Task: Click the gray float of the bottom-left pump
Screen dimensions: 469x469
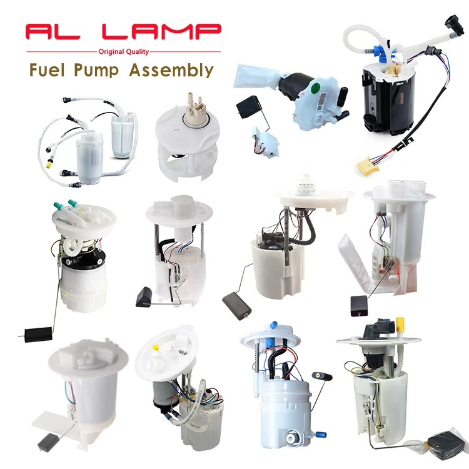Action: pyautogui.click(x=48, y=442)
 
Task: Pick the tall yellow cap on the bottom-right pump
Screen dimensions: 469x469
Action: pyautogui.click(x=401, y=324)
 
